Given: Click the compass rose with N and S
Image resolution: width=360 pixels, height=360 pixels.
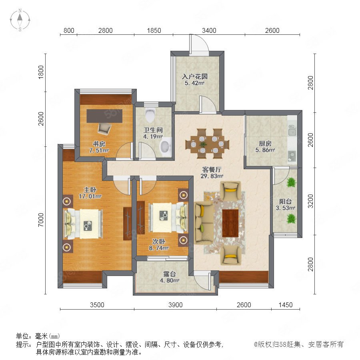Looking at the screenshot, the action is click(20, 20).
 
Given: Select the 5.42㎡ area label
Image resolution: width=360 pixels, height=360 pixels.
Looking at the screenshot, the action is click(194, 83).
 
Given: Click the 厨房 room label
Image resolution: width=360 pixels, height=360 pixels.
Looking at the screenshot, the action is click(265, 144).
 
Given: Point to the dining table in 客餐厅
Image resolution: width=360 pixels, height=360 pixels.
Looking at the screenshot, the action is click(207, 144).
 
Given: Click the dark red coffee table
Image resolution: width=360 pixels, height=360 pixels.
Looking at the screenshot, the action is click(230, 223).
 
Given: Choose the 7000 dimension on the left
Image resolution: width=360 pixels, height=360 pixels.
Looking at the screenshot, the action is click(41, 220).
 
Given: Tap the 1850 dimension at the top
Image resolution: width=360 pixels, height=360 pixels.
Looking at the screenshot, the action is click(154, 30).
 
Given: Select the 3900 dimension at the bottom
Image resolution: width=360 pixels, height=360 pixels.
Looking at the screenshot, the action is click(176, 305).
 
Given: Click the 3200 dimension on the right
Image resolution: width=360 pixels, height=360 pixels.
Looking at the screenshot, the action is click(310, 201).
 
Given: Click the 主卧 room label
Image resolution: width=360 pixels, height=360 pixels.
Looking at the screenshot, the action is click(90, 190).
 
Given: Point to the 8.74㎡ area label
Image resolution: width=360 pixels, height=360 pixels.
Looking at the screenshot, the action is click(159, 248).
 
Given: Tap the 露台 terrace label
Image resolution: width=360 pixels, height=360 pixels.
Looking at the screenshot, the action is click(170, 274).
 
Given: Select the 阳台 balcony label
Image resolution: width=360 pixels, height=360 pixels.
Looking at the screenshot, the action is click(285, 201).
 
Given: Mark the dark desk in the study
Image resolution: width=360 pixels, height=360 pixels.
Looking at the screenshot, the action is click(104, 116).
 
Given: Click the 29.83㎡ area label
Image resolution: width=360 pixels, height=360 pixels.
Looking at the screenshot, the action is click(212, 176).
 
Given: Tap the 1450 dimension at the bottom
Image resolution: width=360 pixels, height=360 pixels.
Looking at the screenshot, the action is click(286, 305).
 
